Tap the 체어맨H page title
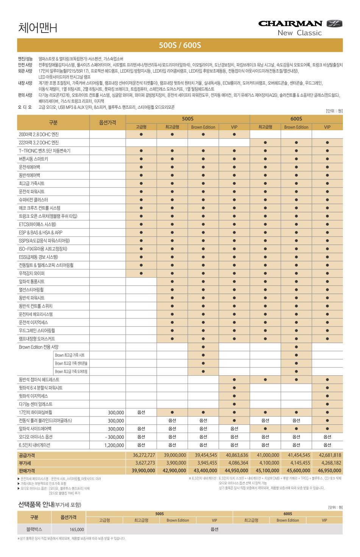38,28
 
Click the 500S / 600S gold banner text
180,45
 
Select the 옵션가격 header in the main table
108,123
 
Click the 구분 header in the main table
53,123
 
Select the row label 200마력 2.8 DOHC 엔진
39,134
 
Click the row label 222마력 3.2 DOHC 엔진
39,143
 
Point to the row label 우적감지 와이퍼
32,273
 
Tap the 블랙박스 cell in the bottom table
34,529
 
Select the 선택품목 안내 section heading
49,505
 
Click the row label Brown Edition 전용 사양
39,347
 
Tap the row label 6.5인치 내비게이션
34,445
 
